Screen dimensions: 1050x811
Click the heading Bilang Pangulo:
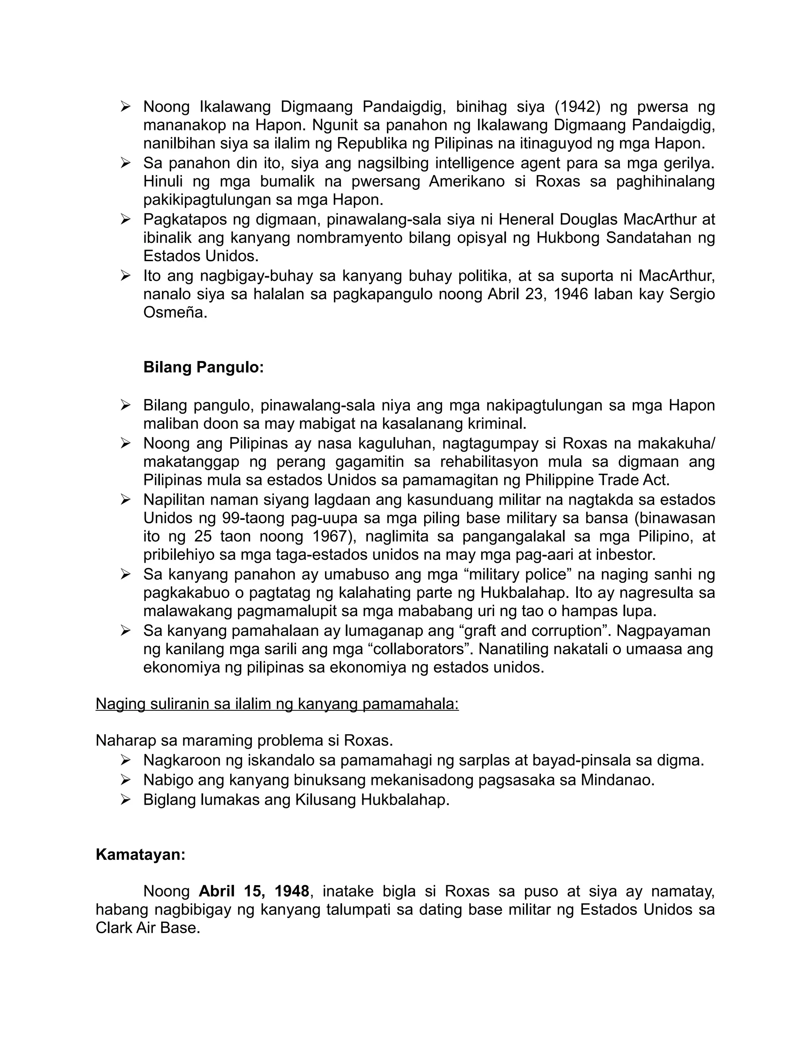(x=204, y=367)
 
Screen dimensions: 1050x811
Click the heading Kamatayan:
(x=140, y=854)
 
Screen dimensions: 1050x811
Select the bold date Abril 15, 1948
(x=254, y=891)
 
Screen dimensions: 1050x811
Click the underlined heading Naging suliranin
(x=277, y=703)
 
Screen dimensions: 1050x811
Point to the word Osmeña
(x=175, y=313)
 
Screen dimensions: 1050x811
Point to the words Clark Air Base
(x=147, y=928)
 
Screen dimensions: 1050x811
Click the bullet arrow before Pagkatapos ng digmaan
(x=126, y=219)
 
